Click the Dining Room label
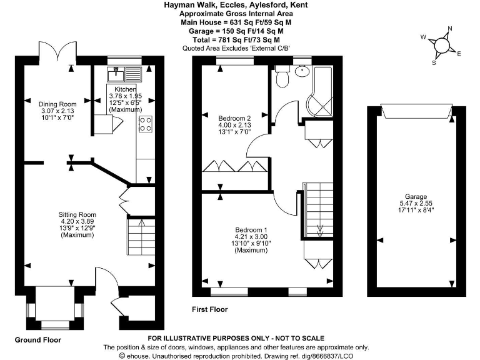[57, 104]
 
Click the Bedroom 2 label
[234, 117]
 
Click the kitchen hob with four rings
[146, 124]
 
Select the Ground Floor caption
[37, 340]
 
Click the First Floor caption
[210, 309]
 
